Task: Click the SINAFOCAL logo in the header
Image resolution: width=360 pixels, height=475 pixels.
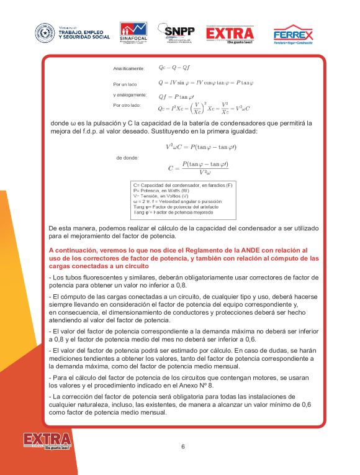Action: (x=133, y=32)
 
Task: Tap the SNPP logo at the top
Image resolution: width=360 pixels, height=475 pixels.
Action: (x=176, y=32)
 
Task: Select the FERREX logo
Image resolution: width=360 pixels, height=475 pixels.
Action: (x=293, y=34)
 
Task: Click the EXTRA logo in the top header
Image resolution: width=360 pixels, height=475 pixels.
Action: (x=230, y=34)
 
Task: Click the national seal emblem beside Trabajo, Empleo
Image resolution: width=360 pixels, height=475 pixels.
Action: (x=45, y=32)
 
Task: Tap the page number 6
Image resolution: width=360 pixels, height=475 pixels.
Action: (x=183, y=446)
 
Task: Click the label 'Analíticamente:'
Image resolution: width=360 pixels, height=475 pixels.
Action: (x=128, y=68)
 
